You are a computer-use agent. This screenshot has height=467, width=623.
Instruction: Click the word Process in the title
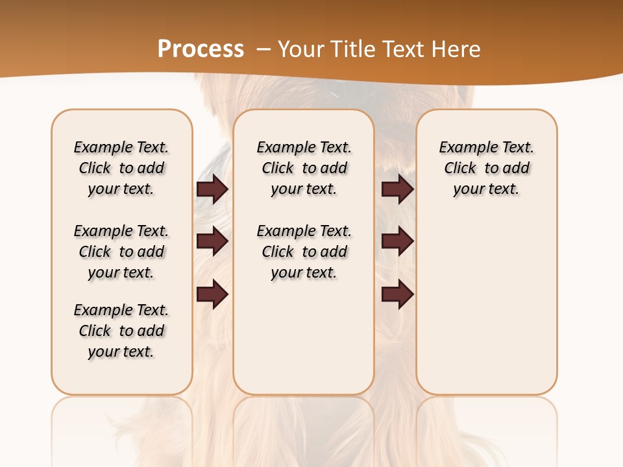coord(201,49)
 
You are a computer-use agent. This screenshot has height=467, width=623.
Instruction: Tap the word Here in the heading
coord(457,49)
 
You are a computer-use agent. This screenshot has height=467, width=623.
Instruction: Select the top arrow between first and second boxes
coord(212,189)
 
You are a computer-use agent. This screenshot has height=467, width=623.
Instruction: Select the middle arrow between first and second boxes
coord(212,242)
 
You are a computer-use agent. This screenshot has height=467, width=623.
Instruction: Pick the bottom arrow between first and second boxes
coord(212,295)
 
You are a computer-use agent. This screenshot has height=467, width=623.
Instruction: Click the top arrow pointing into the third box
coord(397,189)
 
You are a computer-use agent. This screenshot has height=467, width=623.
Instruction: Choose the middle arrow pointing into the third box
coord(397,242)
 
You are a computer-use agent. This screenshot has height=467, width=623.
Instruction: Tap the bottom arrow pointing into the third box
coord(397,295)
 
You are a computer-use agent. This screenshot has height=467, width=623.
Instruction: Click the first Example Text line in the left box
coord(121,147)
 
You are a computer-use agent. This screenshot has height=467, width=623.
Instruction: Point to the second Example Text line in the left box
coord(121,231)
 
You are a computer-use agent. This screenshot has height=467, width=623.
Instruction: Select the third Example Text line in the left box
coord(121,310)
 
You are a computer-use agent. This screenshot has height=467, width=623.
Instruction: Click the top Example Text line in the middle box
coord(304,147)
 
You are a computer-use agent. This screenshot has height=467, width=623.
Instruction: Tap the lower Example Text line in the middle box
coord(304,231)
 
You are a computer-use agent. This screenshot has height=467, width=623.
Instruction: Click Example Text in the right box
coord(487,147)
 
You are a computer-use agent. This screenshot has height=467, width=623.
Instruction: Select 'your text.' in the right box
coord(487,189)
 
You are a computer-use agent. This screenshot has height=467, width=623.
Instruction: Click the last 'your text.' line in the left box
coord(121,352)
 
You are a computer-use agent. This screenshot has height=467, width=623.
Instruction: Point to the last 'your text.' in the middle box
coord(304,273)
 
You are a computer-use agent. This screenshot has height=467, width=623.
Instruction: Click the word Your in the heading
coord(302,49)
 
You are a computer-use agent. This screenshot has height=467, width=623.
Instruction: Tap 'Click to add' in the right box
coord(487,169)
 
